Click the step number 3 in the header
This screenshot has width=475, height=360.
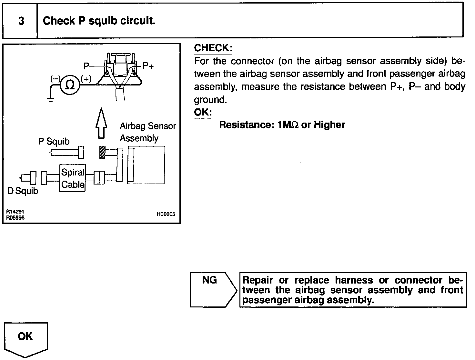(21, 21)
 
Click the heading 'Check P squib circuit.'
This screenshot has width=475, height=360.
(99, 21)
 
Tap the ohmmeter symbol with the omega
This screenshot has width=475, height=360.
(70, 85)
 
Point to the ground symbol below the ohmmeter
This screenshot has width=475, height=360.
(51, 99)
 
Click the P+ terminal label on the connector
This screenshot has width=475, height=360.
(148, 66)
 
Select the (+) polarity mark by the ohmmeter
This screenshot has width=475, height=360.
(86, 79)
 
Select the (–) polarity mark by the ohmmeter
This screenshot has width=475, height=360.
(55, 78)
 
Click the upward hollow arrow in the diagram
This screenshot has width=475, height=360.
(102, 123)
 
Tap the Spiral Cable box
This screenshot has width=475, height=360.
(73, 178)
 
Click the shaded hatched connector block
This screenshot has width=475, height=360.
(103, 152)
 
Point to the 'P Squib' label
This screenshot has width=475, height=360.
(54, 141)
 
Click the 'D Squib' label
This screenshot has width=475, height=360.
(23, 191)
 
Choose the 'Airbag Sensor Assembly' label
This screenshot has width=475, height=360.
(148, 132)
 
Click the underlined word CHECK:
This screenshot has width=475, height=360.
(213, 48)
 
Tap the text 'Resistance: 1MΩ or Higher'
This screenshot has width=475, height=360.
(282, 125)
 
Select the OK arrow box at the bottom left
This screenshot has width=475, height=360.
(25, 339)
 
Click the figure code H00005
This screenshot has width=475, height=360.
(166, 214)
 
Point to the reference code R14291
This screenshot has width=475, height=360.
(15, 212)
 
